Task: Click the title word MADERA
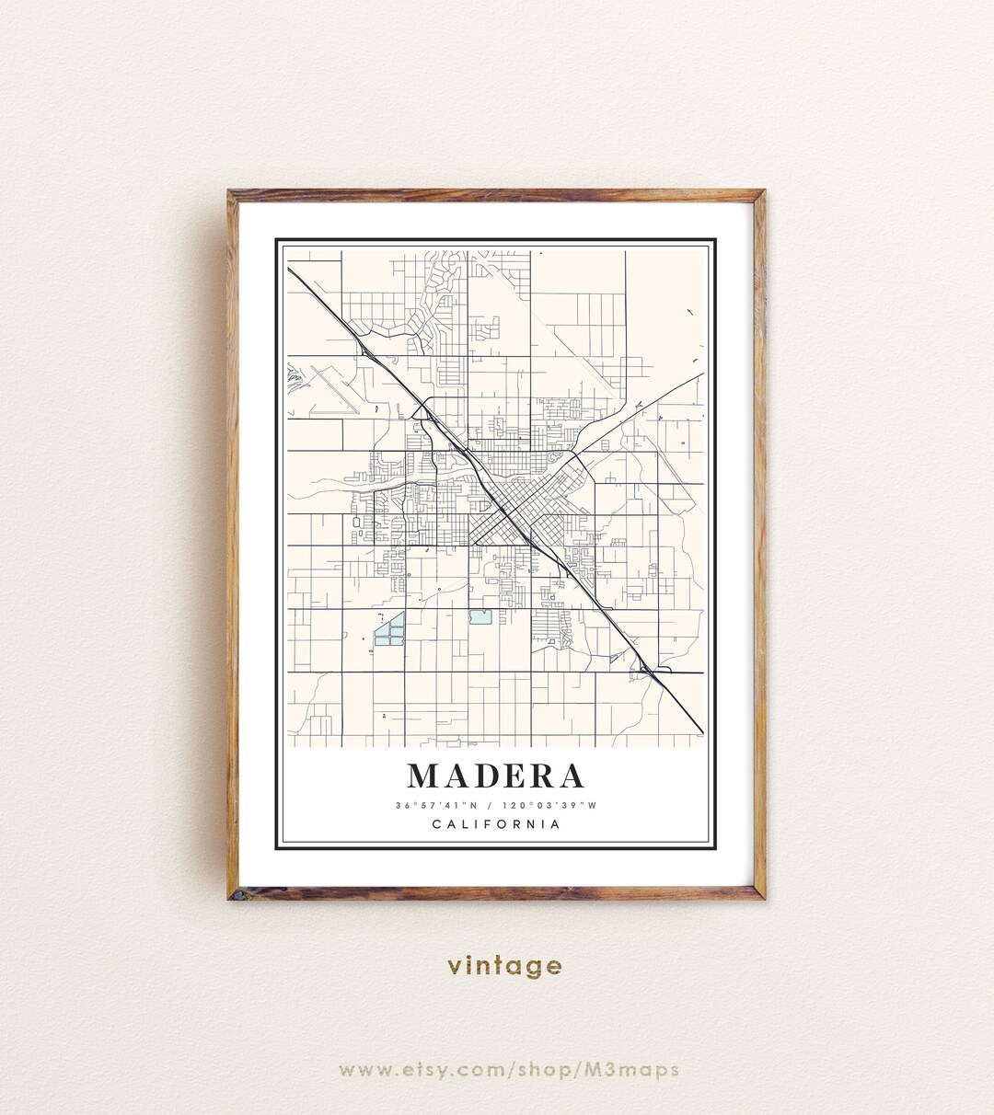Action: coord(496,776)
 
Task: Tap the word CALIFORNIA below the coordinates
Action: coord(496,824)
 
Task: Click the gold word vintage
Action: coord(504,965)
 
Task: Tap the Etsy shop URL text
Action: coord(508,1069)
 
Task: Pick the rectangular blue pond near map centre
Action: coord(480,617)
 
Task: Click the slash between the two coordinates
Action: coord(490,806)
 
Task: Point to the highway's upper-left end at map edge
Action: coord(290,270)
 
